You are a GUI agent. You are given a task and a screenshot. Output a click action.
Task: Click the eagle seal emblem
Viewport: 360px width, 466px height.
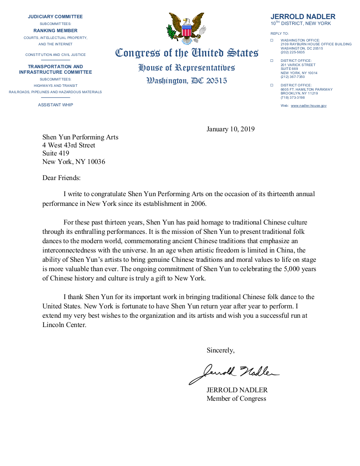[186, 29]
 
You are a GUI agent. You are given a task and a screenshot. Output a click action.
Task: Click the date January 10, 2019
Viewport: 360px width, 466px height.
[230, 129]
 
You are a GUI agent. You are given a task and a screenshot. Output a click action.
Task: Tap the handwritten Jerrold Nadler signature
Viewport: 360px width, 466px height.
[233, 373]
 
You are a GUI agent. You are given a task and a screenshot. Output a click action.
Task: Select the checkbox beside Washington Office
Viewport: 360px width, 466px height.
[272, 40]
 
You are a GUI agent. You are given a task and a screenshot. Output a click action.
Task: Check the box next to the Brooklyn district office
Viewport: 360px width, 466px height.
[272, 85]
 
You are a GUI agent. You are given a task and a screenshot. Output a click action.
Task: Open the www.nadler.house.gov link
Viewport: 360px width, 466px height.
[308, 105]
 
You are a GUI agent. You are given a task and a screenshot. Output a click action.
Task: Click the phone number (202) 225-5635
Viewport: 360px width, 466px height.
[292, 52]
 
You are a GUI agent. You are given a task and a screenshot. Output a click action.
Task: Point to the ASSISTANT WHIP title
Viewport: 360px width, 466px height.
[55, 105]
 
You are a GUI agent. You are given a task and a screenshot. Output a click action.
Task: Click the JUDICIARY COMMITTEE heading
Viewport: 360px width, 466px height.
[55, 17]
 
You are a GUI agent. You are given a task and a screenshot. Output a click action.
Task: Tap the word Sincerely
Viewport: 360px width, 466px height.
[220, 350]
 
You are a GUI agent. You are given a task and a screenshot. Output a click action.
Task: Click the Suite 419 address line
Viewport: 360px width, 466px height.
[56, 153]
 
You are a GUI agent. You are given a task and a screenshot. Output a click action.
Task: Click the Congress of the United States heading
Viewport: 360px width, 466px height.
[187, 53]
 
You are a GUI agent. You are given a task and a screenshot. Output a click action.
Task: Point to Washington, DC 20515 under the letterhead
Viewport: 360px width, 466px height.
[187, 80]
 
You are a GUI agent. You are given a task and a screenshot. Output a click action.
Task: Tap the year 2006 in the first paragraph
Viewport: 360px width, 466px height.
[197, 204]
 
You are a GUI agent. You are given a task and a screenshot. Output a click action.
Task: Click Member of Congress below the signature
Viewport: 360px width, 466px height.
[236, 398]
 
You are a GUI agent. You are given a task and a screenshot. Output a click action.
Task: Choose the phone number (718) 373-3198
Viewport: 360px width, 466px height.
[292, 97]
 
